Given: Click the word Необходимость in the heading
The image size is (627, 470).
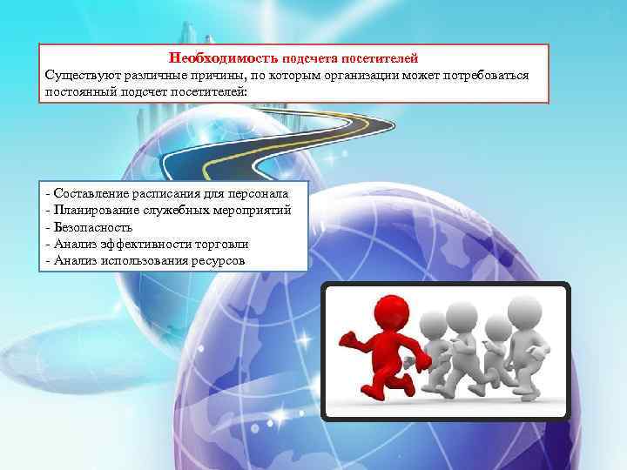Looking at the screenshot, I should tap(223, 58).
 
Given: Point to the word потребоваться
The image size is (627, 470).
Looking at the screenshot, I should tap(483, 75).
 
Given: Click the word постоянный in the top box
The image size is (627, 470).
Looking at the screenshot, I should tap(82, 91).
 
